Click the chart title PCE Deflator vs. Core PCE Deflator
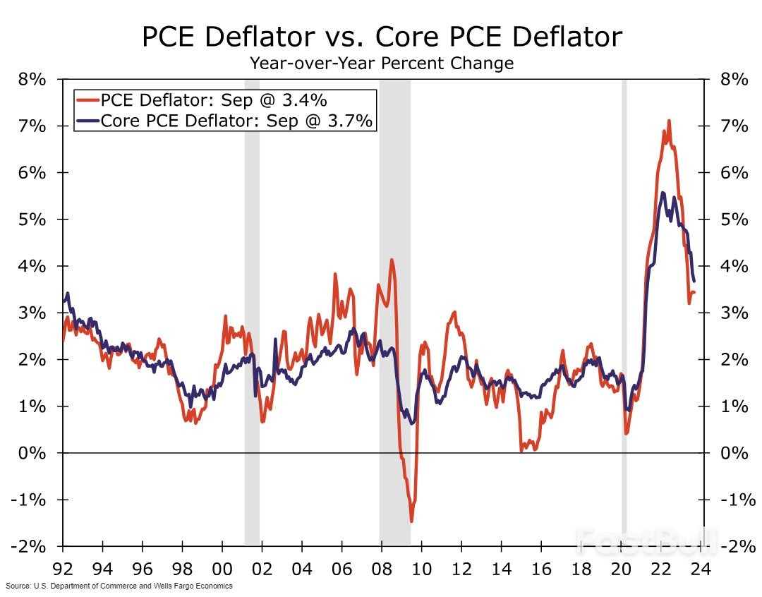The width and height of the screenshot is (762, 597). pyautogui.click(x=382, y=37)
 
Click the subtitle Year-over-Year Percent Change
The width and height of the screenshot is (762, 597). pyautogui.click(x=382, y=64)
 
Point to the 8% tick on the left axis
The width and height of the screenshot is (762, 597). pyautogui.click(x=32, y=80)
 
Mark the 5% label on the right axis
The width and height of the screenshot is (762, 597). pyautogui.click(x=734, y=219)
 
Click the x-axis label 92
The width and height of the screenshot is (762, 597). pyautogui.click(x=63, y=567)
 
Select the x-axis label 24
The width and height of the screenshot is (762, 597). pyautogui.click(x=700, y=567)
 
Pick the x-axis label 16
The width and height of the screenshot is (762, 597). pyautogui.click(x=540, y=567)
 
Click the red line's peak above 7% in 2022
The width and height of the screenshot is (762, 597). pyautogui.click(x=668, y=121)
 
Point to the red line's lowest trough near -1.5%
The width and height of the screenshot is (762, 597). pyautogui.click(x=411, y=521)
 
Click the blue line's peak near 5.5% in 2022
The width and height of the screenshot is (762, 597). pyautogui.click(x=662, y=193)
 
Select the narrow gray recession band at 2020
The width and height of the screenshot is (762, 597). pyautogui.click(x=624, y=310)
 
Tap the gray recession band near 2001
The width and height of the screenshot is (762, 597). pyautogui.click(x=252, y=310)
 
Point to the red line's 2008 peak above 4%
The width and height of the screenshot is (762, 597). pyautogui.click(x=392, y=260)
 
